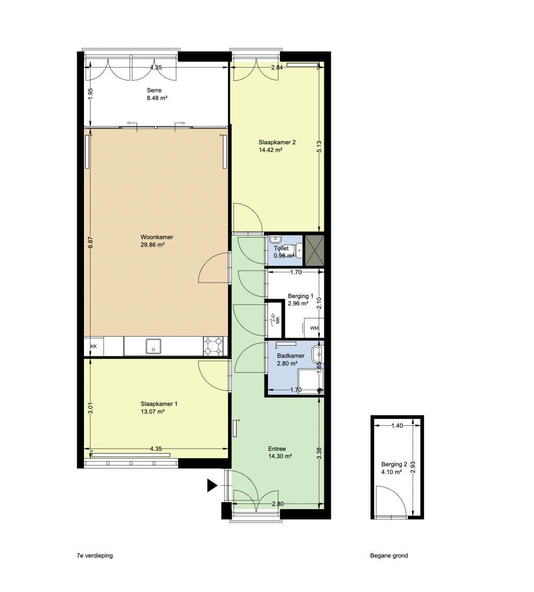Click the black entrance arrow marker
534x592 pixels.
pyautogui.click(x=212, y=486)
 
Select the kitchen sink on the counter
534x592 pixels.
pyautogui.click(x=153, y=347)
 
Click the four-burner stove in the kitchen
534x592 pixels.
pyautogui.click(x=213, y=347)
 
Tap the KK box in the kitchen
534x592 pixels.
pyautogui.click(x=94, y=346)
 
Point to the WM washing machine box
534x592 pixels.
pyautogui.click(x=314, y=328)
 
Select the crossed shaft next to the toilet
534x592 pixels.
pyautogui.click(x=314, y=251)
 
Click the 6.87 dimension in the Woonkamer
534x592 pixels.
pyautogui.click(x=90, y=242)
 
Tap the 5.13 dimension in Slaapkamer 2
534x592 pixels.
pyautogui.click(x=319, y=147)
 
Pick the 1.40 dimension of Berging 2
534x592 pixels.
pyautogui.click(x=397, y=426)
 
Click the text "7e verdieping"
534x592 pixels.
pyautogui.click(x=95, y=556)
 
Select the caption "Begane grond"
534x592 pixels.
pyautogui.click(x=389, y=556)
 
